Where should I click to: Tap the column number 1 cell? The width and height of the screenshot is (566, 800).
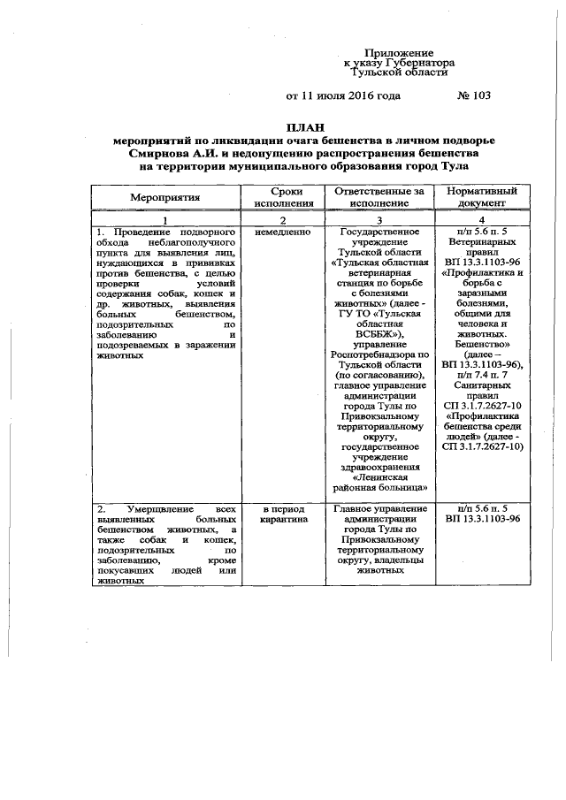coord(166,218)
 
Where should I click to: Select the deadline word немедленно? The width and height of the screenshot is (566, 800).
coord(282,232)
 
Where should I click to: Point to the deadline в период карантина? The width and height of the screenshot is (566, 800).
coord(282,514)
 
